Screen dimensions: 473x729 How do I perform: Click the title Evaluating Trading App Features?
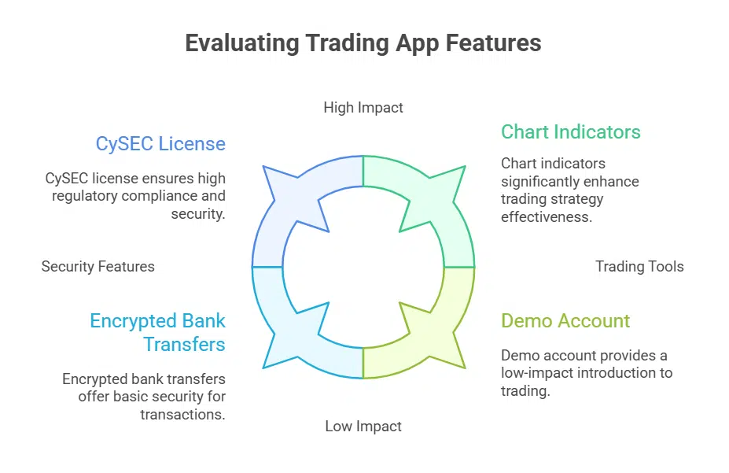click(363, 42)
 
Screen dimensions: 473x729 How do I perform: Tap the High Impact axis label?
click(363, 107)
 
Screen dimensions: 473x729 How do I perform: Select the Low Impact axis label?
click(363, 427)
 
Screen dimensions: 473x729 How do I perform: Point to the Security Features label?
click(98, 266)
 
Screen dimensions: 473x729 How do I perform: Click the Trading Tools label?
click(639, 266)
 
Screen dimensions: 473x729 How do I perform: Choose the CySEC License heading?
click(160, 144)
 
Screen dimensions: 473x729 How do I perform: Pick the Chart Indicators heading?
click(571, 131)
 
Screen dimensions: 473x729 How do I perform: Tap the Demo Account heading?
click(565, 320)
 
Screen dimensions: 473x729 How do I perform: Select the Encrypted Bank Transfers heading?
click(157, 332)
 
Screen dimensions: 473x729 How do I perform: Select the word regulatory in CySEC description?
click(84, 196)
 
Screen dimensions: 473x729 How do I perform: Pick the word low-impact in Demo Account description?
click(540, 372)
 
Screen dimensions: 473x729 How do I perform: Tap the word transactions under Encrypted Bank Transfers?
click(182, 414)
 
